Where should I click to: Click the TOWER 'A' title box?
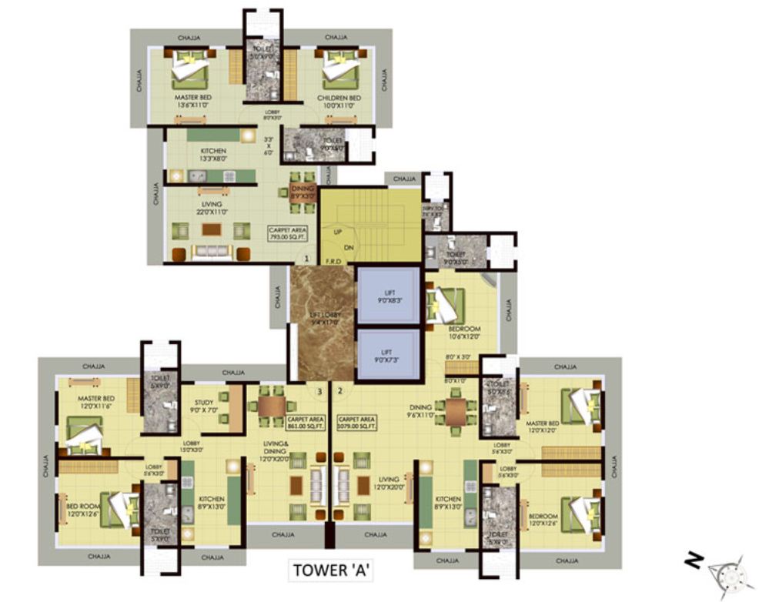click(x=331, y=571)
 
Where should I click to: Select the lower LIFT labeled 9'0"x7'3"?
click(x=389, y=355)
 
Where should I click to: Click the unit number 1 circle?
click(x=306, y=259)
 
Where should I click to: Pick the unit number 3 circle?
click(x=319, y=391)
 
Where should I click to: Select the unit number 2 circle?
click(x=339, y=391)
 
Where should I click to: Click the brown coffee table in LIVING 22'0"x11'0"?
click(x=210, y=229)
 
